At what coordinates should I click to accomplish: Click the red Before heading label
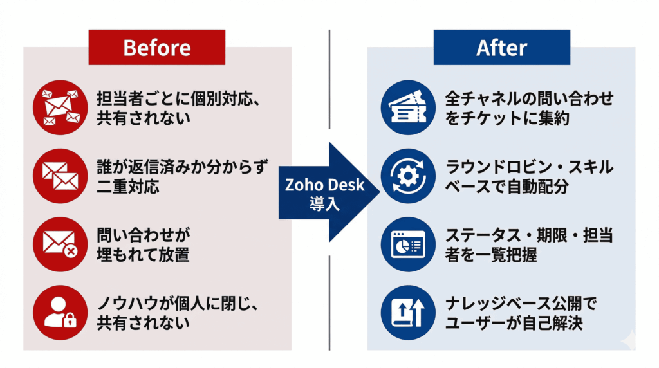(x=156, y=48)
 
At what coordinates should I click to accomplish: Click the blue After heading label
(x=501, y=48)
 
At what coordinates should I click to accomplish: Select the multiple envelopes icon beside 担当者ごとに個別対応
(x=60, y=107)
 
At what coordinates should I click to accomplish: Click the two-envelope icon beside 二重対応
(x=60, y=176)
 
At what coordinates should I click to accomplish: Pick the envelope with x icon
(x=60, y=244)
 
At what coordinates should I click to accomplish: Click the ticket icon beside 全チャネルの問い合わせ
(x=404, y=107)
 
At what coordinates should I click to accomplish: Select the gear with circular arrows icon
(x=404, y=176)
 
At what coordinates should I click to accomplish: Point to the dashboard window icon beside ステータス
(x=404, y=244)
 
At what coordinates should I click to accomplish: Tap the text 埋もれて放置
(x=143, y=254)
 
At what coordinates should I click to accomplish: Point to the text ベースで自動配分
(x=507, y=187)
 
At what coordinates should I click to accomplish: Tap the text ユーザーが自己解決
(x=514, y=322)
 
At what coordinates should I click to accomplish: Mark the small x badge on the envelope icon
(x=70, y=251)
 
